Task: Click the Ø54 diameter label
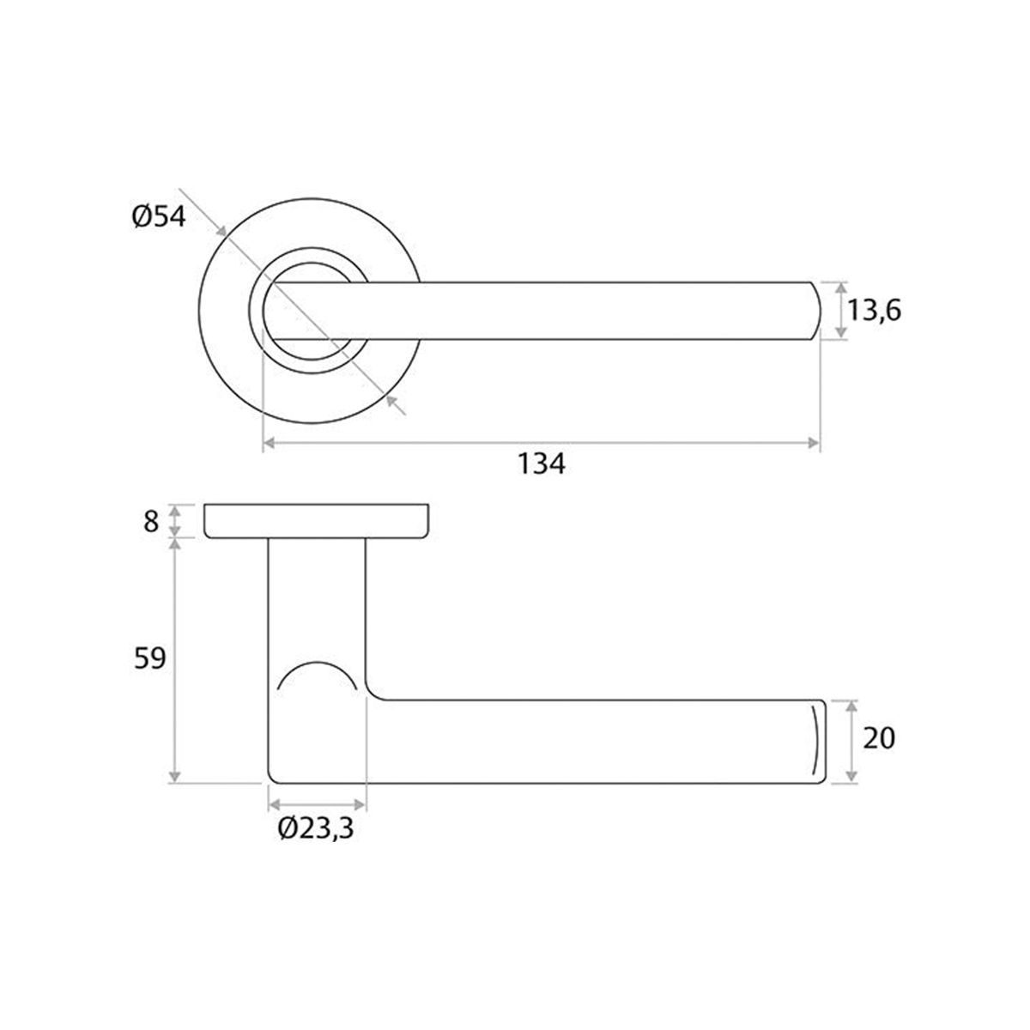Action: pyautogui.click(x=159, y=217)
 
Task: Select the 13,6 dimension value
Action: pyautogui.click(x=875, y=310)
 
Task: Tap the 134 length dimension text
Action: pyautogui.click(x=542, y=463)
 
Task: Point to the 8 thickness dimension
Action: pyautogui.click(x=152, y=521)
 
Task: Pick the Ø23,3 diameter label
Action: pyautogui.click(x=317, y=829)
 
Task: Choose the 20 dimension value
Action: pyautogui.click(x=878, y=738)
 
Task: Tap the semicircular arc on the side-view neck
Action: pyautogui.click(x=317, y=675)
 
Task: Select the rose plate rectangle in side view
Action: pyautogui.click(x=317, y=521)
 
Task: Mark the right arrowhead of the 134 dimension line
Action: pyautogui.click(x=814, y=443)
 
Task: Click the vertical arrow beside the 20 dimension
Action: pyautogui.click(x=851, y=741)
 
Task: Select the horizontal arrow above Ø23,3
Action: pyautogui.click(x=318, y=804)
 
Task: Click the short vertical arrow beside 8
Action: pyautogui.click(x=175, y=521)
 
